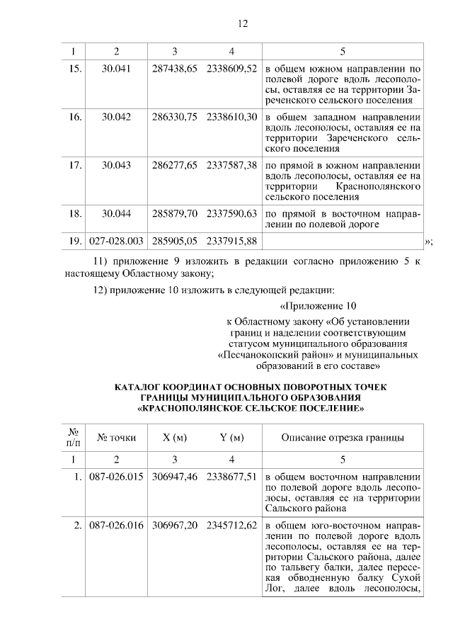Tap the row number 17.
(74, 165)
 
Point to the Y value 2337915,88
(231, 242)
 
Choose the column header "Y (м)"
(231, 437)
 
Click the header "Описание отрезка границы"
(343, 437)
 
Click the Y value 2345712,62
(231, 526)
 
